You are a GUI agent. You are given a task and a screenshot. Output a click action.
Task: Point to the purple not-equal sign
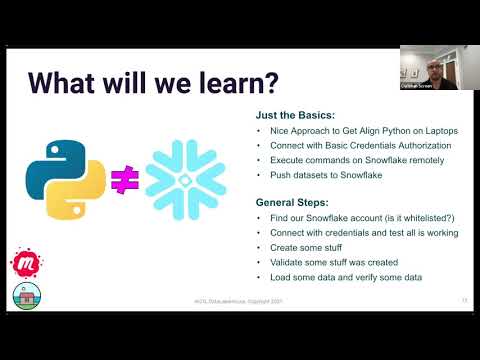[123, 178]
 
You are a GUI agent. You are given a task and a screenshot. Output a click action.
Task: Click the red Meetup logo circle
[22, 263]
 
